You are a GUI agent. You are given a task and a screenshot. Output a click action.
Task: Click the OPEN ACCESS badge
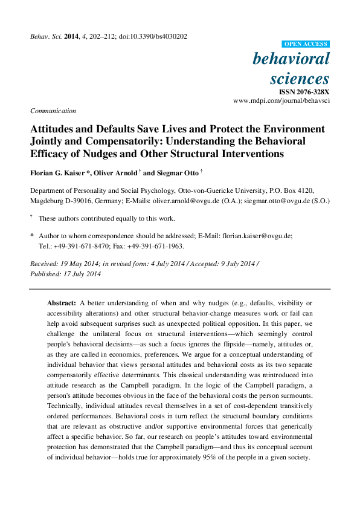[x=306, y=44]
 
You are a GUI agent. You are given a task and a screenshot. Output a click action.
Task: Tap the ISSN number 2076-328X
[x=308, y=91]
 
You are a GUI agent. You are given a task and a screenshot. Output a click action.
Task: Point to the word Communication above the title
[x=53, y=111]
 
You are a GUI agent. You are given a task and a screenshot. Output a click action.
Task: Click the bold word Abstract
[x=62, y=302]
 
